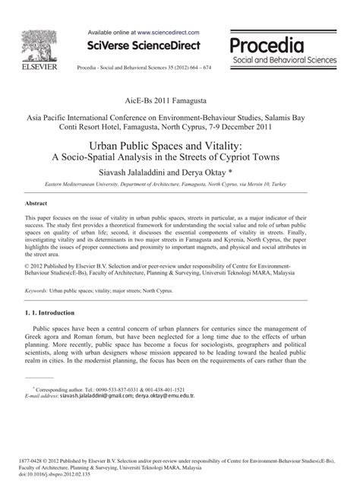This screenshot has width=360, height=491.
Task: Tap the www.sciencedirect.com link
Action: click(x=168, y=33)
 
